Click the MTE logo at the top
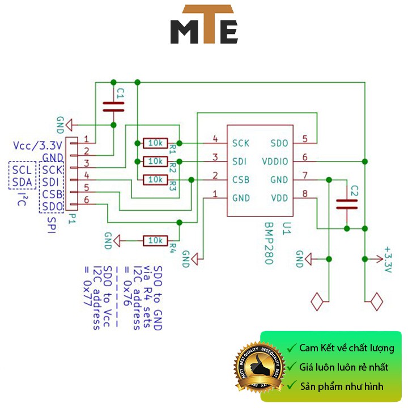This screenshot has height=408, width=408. tap(204, 25)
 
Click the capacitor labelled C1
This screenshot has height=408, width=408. tap(113, 105)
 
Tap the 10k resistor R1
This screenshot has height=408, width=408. tap(155, 142)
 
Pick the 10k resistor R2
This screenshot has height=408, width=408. tap(155, 161)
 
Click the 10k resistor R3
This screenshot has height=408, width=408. tap(155, 180)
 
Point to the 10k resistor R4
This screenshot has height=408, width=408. tap(155, 240)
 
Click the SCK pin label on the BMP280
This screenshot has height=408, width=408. tap(241, 143)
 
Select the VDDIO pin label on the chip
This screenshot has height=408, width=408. tap(275, 161)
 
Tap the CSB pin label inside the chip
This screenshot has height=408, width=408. tap(241, 180)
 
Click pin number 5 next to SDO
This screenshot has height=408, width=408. tap(305, 139)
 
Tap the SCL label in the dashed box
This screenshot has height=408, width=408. tap(23, 169)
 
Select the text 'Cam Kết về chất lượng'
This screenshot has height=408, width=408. tap(347, 348)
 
